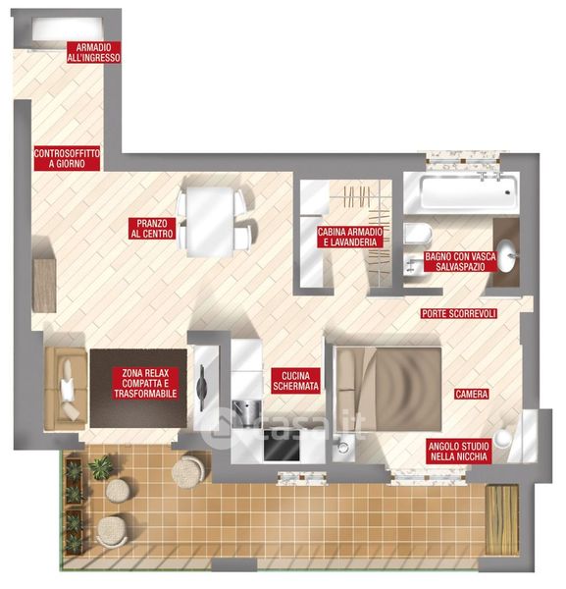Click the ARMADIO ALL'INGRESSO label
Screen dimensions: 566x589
click(x=94, y=52)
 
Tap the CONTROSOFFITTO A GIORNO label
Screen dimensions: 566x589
click(x=67, y=158)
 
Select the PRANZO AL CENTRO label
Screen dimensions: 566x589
click(x=152, y=229)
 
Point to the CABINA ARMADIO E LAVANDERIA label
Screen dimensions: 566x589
click(x=350, y=237)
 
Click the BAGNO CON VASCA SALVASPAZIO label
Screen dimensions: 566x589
click(x=460, y=261)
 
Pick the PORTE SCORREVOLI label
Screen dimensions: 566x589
click(x=459, y=313)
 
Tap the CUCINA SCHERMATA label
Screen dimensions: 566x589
click(x=296, y=381)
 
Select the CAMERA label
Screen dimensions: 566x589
click(x=472, y=394)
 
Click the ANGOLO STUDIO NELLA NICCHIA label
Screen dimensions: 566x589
click(x=459, y=452)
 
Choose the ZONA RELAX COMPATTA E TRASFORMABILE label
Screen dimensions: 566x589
click(x=145, y=383)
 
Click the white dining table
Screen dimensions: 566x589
click(x=210, y=222)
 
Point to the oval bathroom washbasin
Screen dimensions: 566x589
click(x=507, y=255)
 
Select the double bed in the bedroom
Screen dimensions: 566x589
click(x=388, y=389)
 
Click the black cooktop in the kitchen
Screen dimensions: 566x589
click(x=283, y=445)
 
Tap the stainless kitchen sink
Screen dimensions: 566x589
click(x=246, y=410)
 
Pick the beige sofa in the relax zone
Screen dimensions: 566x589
click(x=66, y=388)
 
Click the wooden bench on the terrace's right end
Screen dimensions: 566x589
click(x=502, y=519)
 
